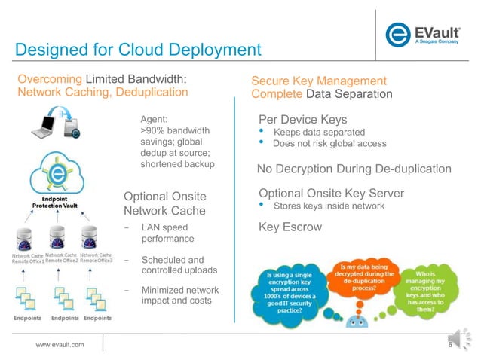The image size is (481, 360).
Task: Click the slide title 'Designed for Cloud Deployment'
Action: (138, 50)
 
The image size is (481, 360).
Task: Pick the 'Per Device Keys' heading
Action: (302, 120)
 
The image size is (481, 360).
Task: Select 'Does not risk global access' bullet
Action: (329, 144)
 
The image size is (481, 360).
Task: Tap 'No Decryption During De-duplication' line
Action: (354, 169)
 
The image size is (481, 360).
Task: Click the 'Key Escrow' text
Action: (290, 227)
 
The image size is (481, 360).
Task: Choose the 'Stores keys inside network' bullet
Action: (329, 206)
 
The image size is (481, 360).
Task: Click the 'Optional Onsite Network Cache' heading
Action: (165, 203)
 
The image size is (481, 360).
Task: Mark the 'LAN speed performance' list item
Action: (168, 233)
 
